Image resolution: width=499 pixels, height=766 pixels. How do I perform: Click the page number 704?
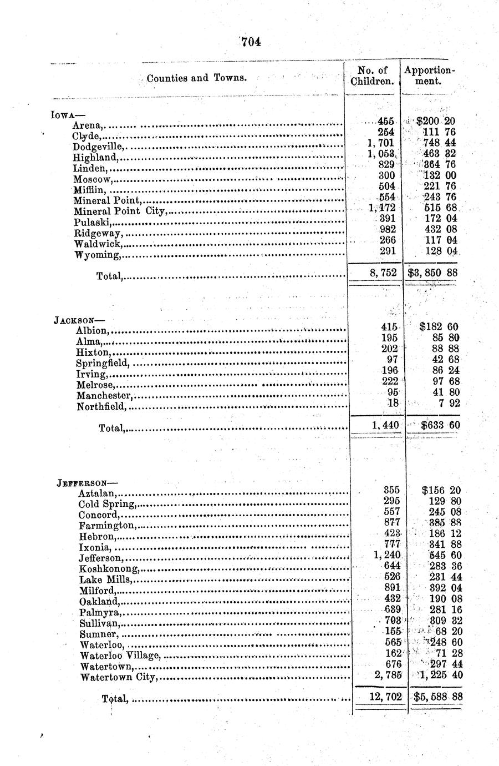(251, 42)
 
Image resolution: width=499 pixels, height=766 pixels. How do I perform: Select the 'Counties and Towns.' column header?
(197, 78)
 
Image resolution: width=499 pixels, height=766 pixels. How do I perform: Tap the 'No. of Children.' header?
(373, 75)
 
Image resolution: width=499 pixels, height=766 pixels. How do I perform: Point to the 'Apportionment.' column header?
(429, 75)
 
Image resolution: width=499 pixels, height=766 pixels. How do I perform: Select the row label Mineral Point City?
(119, 211)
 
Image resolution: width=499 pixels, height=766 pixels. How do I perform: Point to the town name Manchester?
(105, 396)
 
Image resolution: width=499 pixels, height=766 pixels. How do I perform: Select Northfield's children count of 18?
(393, 404)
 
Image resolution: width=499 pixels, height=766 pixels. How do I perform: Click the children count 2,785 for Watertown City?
(388, 675)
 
